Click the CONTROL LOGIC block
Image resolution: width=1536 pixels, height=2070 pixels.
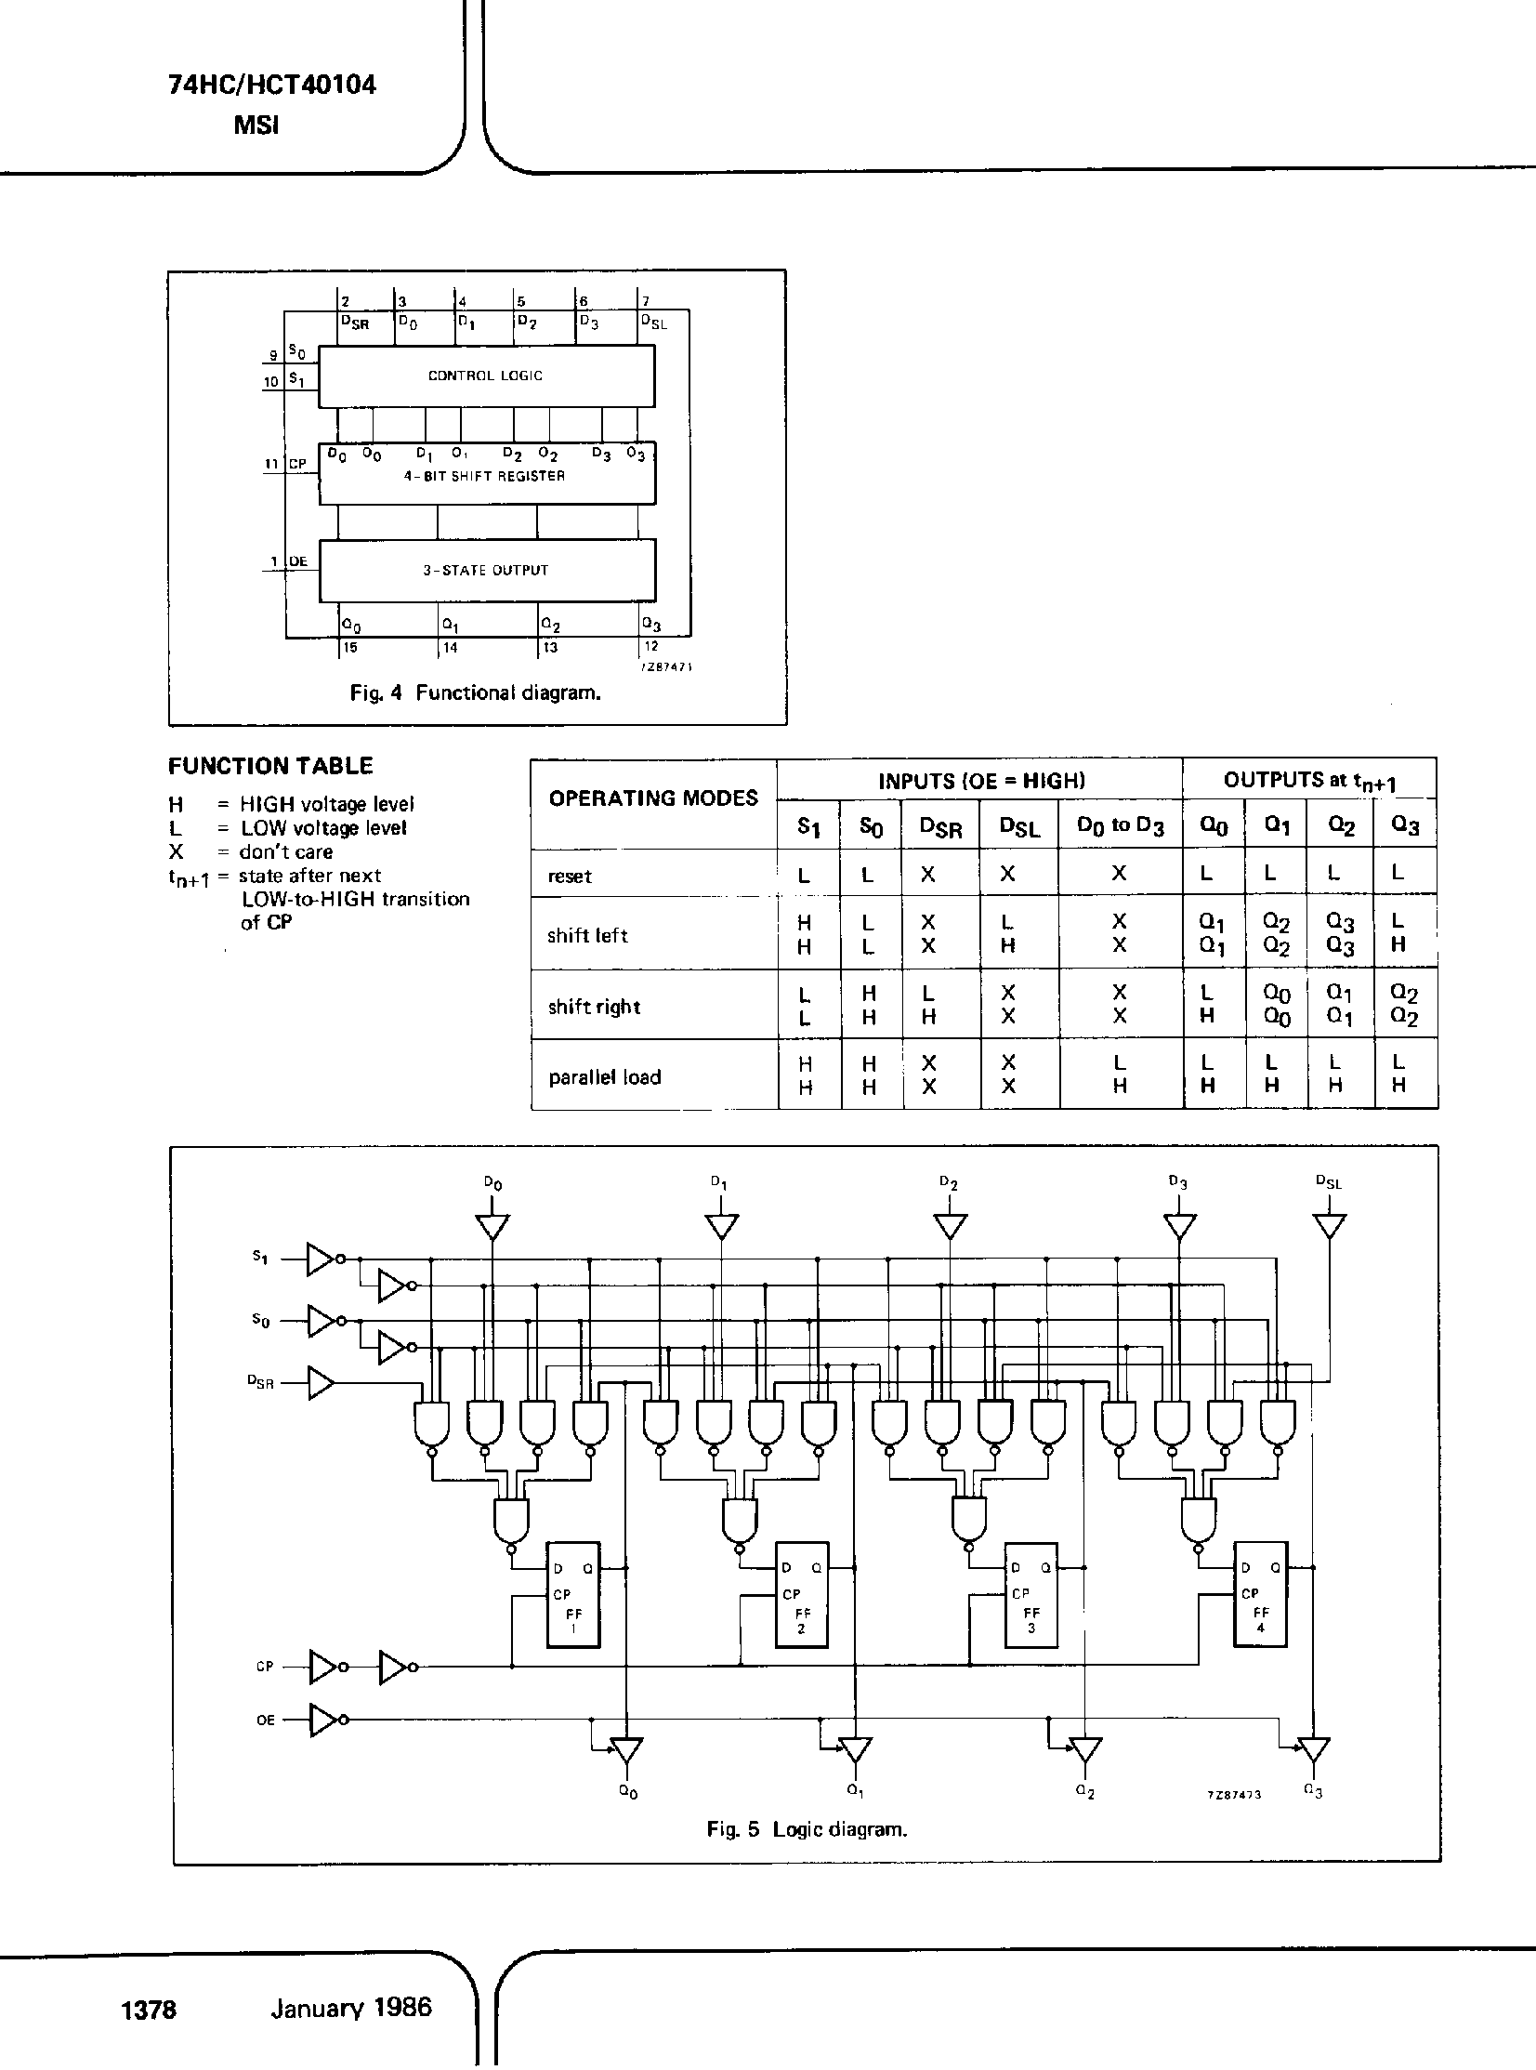point(485,376)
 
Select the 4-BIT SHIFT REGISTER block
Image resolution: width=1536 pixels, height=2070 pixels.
point(485,474)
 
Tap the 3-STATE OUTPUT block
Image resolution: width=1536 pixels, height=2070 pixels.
point(485,570)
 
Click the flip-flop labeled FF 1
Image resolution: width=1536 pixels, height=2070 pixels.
point(572,1594)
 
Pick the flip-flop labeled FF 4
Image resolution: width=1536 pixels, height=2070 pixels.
point(1260,1594)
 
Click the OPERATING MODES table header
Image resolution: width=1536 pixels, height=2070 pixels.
point(652,798)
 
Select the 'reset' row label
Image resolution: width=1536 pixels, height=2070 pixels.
point(570,876)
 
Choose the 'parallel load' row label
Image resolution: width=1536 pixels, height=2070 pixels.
point(604,1077)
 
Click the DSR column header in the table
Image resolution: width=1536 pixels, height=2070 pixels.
point(940,826)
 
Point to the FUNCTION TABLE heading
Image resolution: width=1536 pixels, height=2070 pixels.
point(270,766)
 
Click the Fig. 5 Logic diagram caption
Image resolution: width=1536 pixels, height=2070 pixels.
point(807,1829)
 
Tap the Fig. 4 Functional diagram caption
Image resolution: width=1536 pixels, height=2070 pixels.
point(475,692)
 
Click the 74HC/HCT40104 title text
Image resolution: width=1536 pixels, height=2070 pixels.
point(271,86)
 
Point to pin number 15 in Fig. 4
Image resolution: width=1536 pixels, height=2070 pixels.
point(349,647)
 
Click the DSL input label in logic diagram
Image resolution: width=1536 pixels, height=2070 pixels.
point(1328,1183)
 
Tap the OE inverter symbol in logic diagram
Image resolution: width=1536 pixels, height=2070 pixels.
point(323,1720)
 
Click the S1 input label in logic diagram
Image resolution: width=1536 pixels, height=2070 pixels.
point(260,1258)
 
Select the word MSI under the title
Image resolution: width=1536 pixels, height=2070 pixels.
point(256,125)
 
